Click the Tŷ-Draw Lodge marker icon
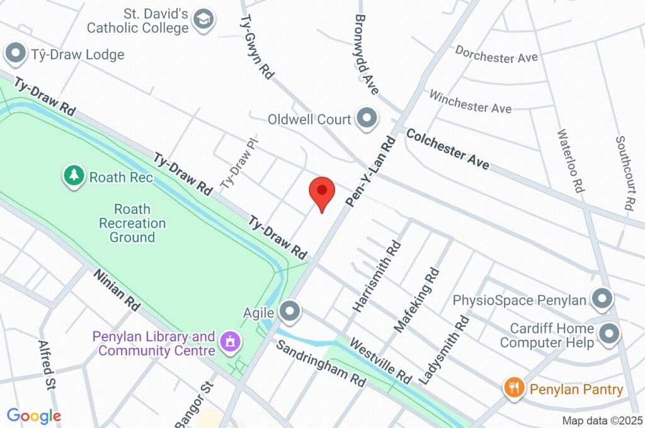tap(14, 54)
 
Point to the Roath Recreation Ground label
tap(132, 223)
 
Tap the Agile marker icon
tap(290, 310)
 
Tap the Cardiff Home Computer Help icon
tap(608, 335)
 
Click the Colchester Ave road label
tap(447, 149)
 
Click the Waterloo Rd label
tap(570, 160)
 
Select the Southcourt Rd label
tap(624, 173)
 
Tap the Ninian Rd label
tap(117, 290)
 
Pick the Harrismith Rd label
tap(377, 276)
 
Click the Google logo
tap(34, 415)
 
